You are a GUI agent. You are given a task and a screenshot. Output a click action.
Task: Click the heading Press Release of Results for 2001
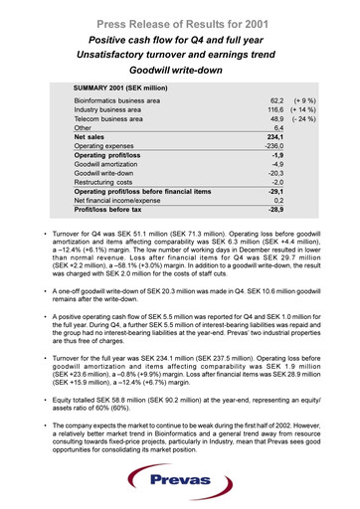180,19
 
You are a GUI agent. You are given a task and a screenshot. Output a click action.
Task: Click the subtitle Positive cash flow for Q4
180,38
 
